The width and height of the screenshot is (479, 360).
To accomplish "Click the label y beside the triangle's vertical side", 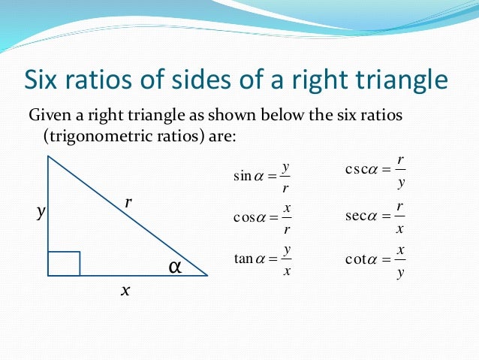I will point(41,213).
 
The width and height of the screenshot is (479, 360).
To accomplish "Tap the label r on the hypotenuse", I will point(128,201).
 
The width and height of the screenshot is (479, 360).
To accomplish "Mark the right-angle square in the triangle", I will point(64,264).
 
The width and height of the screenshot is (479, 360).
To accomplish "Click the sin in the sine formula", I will point(243,177).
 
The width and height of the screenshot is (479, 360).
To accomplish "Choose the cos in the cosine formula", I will point(245,218).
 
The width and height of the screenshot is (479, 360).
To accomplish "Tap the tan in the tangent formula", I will point(244,259).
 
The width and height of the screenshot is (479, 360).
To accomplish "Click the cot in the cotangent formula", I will point(355,259).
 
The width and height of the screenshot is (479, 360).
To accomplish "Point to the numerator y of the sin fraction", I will point(287,166).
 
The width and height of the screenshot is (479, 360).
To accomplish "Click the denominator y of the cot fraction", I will point(401,272).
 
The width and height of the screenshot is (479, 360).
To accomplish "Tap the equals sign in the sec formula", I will point(384,216).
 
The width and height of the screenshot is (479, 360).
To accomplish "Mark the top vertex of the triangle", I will point(48,156).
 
